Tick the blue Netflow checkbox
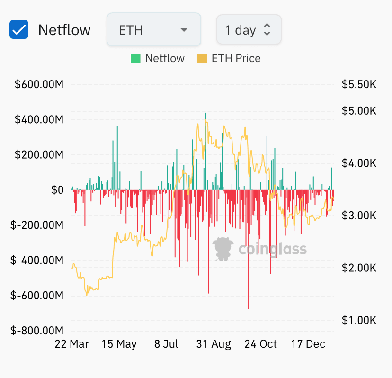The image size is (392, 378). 19,29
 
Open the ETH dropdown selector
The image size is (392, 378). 154,29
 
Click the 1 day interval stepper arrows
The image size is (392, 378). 267,29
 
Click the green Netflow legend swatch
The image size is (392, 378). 135,58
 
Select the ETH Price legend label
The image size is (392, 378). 236,58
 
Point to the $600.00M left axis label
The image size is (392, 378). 39,84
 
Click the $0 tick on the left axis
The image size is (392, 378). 57,190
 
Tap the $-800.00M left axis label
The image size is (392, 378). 37,331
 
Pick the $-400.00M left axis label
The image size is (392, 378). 37,261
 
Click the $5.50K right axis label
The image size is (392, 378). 359,84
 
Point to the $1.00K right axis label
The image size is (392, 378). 359,320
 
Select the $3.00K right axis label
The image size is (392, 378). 359,216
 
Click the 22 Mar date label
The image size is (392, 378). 72,344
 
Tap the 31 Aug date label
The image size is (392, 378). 214,344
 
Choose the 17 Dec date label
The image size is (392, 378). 308,344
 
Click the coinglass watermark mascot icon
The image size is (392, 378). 223,249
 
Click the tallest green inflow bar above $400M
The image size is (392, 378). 206,151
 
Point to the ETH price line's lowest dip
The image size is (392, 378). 87,295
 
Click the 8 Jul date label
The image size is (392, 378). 166,344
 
